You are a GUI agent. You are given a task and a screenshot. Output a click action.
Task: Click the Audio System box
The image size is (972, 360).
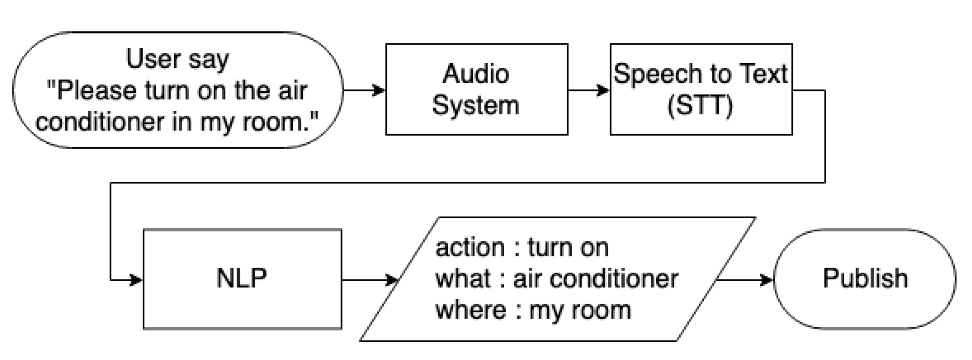coord(476,89)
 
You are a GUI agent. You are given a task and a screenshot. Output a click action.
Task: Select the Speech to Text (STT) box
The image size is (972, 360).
coord(701,89)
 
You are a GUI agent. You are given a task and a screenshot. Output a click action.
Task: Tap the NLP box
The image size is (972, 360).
coord(242,278)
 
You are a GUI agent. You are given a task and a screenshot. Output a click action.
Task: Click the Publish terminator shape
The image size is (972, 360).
coord(864,278)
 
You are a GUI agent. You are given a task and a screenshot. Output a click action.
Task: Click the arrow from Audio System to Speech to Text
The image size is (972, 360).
coord(588,90)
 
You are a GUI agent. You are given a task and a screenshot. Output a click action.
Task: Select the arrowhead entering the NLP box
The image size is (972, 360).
coord(136,280)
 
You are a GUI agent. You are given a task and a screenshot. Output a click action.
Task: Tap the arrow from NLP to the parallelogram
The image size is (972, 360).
coord(368,280)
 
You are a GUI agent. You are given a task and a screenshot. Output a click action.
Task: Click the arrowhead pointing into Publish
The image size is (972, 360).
coord(767,280)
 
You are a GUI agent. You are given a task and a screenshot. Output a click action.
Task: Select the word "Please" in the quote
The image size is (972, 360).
coord(96,90)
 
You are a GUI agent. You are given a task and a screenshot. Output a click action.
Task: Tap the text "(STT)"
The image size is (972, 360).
coord(700,105)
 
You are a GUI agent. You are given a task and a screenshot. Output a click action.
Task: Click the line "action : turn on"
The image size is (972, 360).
coord(521,248)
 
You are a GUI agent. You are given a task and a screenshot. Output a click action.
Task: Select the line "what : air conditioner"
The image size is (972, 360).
coord(556,278)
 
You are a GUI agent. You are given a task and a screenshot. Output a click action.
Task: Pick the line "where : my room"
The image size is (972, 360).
coord(533,310)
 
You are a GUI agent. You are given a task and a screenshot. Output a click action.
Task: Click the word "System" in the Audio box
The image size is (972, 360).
coord(476,105)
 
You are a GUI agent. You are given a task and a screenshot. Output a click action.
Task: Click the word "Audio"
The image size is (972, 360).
coord(476,74)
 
